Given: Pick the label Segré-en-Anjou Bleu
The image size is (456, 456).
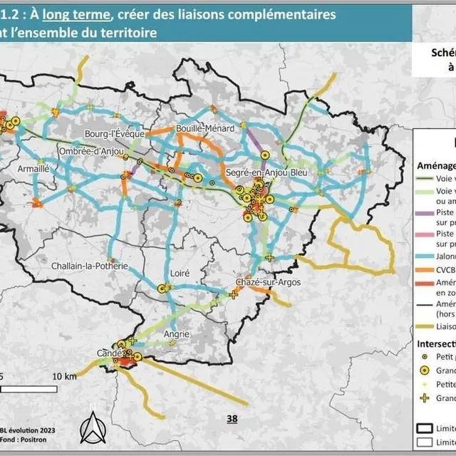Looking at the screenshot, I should [267, 173].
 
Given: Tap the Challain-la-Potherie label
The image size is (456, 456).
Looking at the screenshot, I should [90, 266].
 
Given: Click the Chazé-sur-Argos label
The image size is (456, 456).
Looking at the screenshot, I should [268, 283].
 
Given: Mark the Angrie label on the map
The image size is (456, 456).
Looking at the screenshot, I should [176, 333].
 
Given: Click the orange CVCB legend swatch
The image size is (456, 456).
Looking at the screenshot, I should [425, 270].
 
